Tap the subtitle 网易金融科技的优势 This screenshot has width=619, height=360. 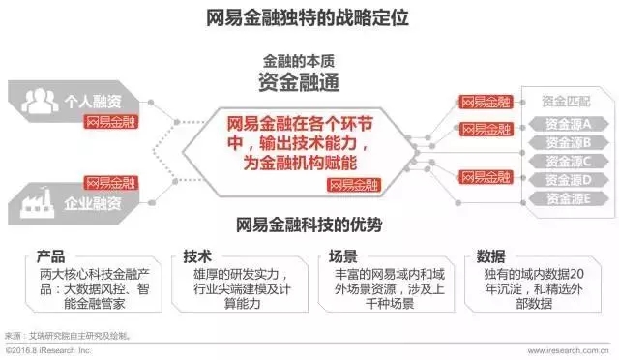click(x=309, y=226)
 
